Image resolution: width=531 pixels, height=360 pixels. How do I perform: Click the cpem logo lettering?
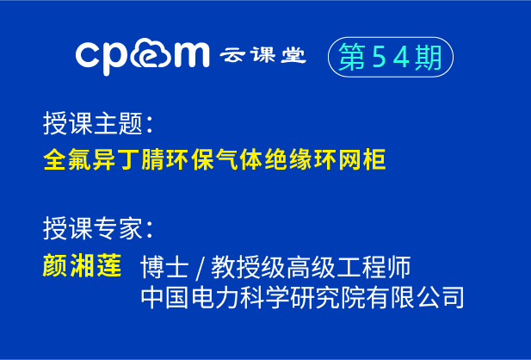tap(142, 56)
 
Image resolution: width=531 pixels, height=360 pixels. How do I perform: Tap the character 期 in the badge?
tap(428, 57)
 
